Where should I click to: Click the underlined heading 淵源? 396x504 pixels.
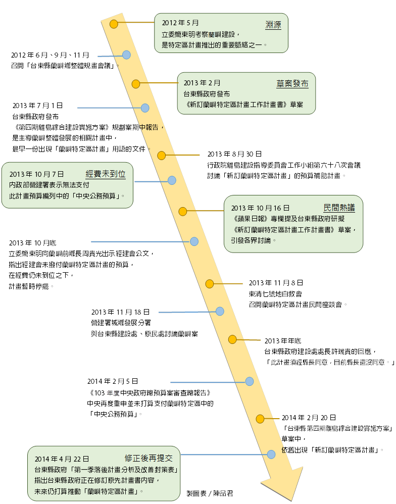pyautogui.click(x=273, y=25)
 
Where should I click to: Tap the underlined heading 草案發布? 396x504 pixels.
pyautogui.click(x=292, y=83)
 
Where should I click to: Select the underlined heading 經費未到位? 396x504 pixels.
pyautogui.click(x=106, y=174)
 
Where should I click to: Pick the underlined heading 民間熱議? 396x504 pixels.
pyautogui.click(x=339, y=208)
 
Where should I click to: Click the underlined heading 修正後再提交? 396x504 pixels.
pyautogui.click(x=148, y=458)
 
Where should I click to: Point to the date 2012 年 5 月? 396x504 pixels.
pyautogui.click(x=180, y=23)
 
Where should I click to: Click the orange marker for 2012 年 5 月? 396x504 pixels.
pyautogui.click(x=114, y=24)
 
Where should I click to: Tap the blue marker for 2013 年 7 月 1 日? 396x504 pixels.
pyautogui.click(x=145, y=108)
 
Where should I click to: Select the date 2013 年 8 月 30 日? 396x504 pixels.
pyautogui.click(x=234, y=154)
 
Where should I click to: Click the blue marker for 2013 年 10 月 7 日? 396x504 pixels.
pyautogui.click(x=172, y=180)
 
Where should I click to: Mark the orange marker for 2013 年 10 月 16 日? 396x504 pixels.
pyautogui.click(x=183, y=211)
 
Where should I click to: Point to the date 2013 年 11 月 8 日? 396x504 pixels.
pyautogui.click(x=276, y=283)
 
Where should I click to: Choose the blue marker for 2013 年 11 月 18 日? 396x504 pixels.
pyautogui.click(x=220, y=311)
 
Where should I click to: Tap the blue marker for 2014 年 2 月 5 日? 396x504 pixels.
pyautogui.click(x=249, y=381)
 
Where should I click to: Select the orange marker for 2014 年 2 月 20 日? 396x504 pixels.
pyautogui.click(x=260, y=418)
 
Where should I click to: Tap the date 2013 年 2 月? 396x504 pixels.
pyautogui.click(x=202, y=83)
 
